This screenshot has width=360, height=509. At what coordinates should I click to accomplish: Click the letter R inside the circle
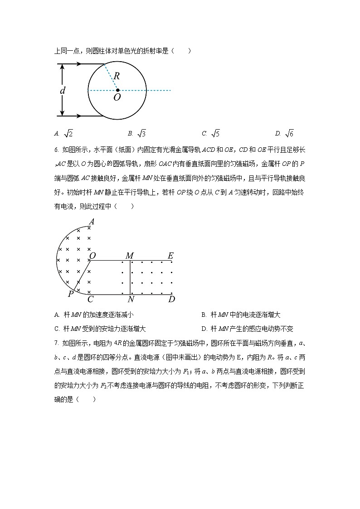(117, 76)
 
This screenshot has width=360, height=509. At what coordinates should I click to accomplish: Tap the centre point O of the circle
(117, 90)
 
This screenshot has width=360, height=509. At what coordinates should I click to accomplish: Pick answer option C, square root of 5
(211, 133)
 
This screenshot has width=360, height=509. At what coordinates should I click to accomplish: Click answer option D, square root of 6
(285, 133)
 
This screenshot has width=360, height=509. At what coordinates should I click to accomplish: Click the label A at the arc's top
(92, 222)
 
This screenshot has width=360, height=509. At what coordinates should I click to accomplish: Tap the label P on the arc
(71, 294)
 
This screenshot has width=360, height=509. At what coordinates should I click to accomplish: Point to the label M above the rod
(130, 256)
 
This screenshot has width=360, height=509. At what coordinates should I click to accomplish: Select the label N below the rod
(131, 299)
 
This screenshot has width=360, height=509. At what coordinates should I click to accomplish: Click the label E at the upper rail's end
(170, 256)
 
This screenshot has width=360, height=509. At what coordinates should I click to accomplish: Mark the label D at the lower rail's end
(171, 299)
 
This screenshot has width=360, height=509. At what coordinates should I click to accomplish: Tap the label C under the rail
(90, 299)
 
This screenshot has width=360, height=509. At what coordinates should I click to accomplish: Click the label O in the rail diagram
(92, 256)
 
